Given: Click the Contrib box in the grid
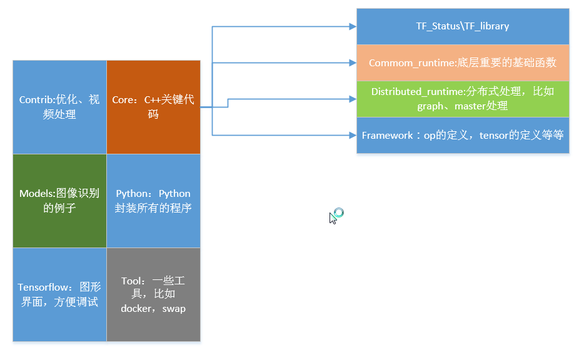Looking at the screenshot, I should coord(59,107).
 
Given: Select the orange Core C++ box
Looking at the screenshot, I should coord(153,107).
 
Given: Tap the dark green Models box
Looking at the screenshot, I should coord(59,201).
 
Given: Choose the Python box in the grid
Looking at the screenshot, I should coord(153,201).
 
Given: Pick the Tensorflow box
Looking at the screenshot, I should coord(59,294).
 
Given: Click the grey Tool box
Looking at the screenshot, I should coord(153,294).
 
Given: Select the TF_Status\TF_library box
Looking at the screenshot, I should coord(463,26).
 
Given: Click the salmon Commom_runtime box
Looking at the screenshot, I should coord(463,62).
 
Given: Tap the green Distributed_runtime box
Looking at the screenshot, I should coord(463,99).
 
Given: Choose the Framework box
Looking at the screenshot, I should coord(463,135).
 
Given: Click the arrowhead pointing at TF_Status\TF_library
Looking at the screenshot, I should coord(352,26).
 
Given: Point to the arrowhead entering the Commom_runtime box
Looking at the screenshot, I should coord(352,62).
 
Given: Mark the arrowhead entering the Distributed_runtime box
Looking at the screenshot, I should coord(352,99).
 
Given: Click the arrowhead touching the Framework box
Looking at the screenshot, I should coord(352,134).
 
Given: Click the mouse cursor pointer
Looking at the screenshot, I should coord(333,217).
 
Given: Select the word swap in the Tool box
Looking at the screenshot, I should coord(173,309).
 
